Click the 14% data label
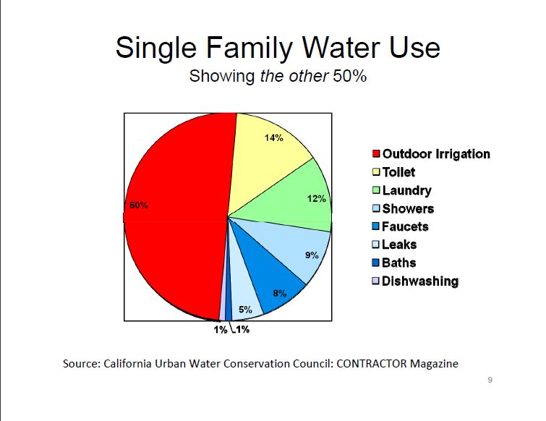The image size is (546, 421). click(x=273, y=137)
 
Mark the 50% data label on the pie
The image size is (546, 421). click(x=139, y=205)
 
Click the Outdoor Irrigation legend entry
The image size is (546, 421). click(x=435, y=154)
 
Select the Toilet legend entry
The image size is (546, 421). click(x=398, y=172)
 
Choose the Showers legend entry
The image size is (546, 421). click(x=408, y=208)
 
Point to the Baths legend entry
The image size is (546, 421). click(x=398, y=263)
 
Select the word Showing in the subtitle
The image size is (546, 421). click(x=222, y=76)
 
